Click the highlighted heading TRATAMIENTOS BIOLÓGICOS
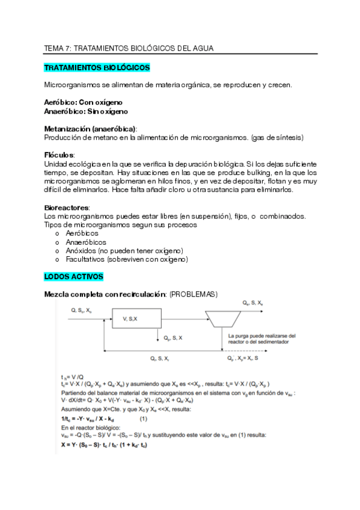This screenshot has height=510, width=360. (x=97, y=67)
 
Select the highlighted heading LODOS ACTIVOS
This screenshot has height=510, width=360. (x=74, y=277)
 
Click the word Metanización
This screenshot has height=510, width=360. (x=67, y=129)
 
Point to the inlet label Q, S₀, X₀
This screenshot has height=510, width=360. (x=81, y=310)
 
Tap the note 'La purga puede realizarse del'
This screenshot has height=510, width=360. (x=262, y=336)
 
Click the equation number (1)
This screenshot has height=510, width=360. (x=144, y=417)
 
